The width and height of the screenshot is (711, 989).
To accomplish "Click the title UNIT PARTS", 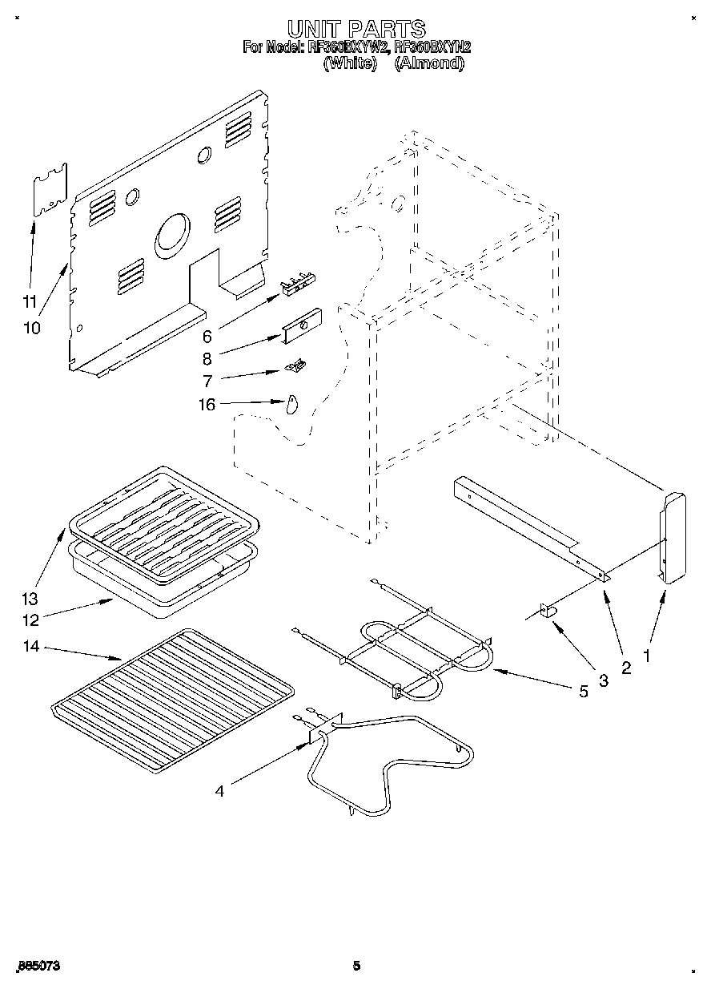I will (356, 31).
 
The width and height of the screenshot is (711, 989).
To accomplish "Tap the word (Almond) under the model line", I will (429, 64).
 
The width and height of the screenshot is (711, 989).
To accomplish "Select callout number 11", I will (30, 302).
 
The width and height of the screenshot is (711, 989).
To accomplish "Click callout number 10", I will (32, 328).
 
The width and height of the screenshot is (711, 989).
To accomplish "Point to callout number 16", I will (207, 405).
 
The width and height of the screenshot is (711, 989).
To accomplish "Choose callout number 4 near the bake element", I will (219, 791).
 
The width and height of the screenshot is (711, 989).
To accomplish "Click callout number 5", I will (583, 691).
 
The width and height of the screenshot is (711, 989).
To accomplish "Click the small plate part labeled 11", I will (50, 190).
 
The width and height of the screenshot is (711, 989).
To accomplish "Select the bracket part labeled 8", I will (301, 326).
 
